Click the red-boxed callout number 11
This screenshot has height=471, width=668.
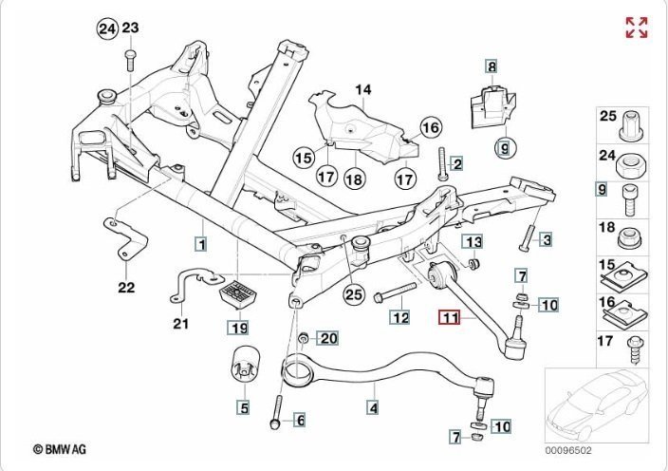click(449, 319)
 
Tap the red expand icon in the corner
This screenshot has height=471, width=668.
click(636, 27)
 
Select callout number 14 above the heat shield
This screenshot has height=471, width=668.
click(362, 91)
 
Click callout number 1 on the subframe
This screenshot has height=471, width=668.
click(201, 242)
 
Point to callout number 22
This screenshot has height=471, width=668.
click(127, 287)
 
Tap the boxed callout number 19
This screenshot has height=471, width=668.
click(237, 329)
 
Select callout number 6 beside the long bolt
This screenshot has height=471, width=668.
click(299, 420)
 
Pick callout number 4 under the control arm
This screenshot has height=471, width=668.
click(373, 408)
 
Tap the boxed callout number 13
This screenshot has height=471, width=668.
click(473, 241)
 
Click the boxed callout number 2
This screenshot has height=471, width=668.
click(456, 163)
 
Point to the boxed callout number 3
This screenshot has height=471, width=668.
click(546, 239)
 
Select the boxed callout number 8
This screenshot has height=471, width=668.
click(492, 66)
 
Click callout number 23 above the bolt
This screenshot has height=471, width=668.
click(130, 28)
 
